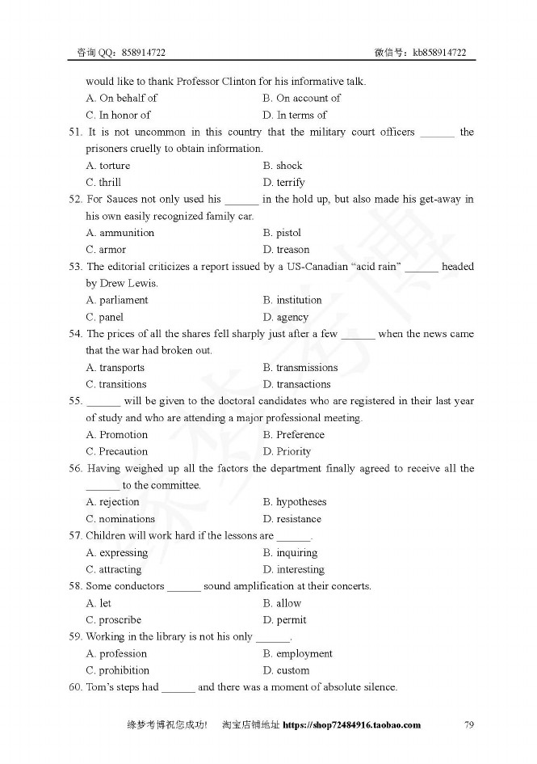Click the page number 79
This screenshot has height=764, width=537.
tap(469, 725)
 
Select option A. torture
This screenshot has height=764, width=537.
tap(107, 166)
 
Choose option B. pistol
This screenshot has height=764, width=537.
tap(282, 233)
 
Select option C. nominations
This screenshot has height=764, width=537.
tap(120, 519)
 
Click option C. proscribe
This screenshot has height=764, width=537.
tap(113, 620)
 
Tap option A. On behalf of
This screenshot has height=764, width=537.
tap(121, 98)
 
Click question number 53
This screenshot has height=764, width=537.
tap(75, 267)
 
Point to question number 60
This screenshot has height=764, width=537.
tap(75, 687)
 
